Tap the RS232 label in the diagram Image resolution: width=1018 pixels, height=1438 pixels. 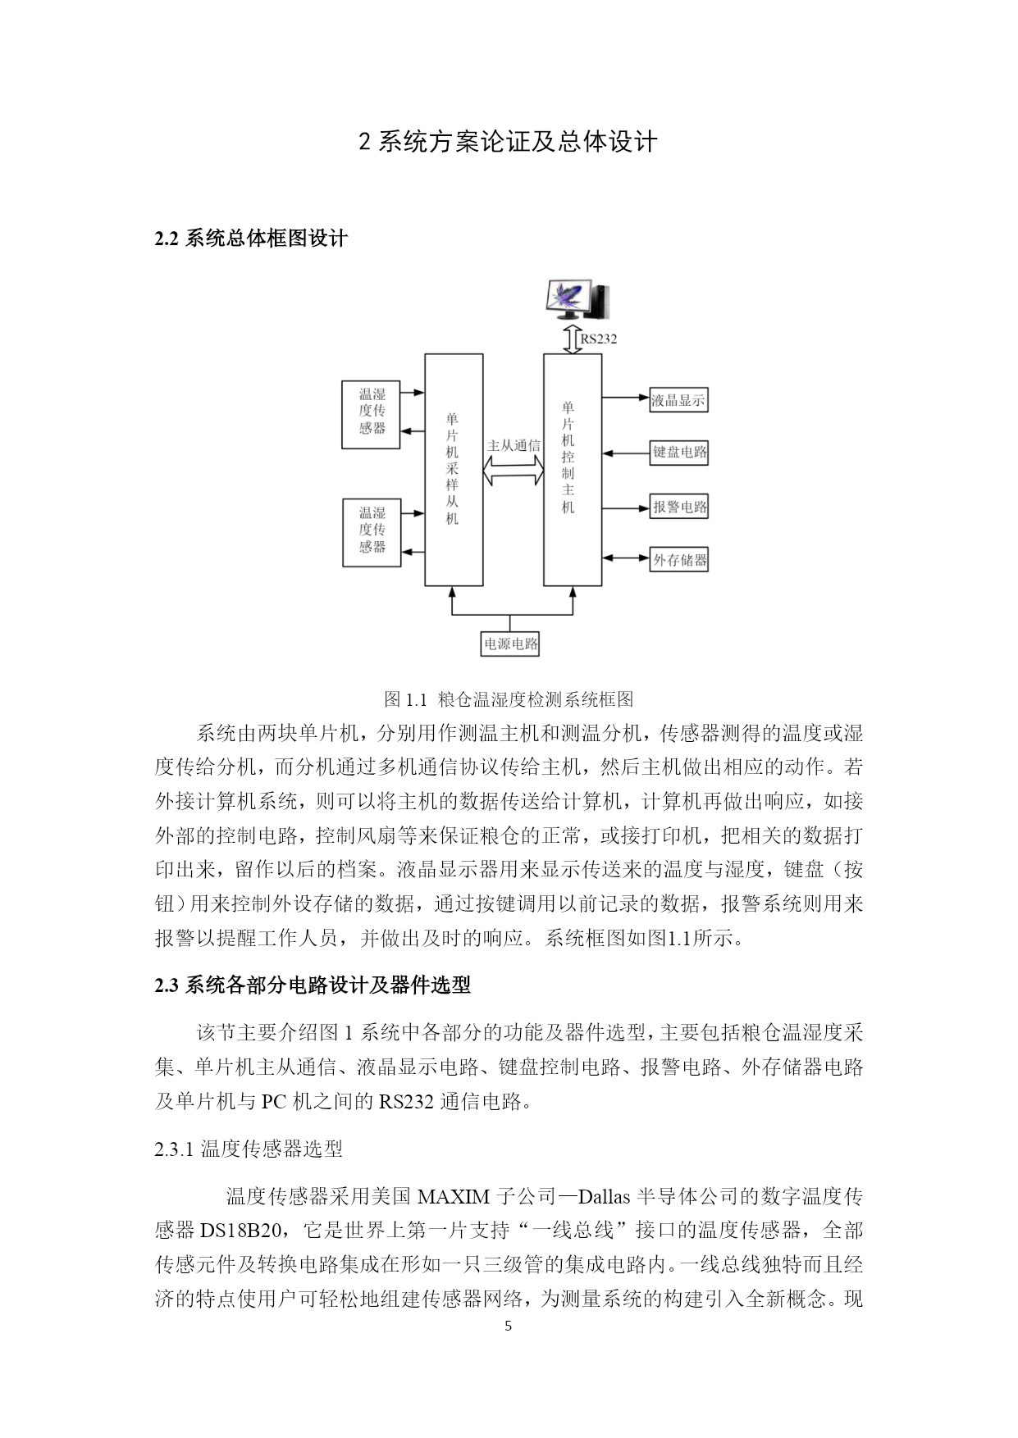599,339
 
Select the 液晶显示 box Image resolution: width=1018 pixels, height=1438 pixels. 678,400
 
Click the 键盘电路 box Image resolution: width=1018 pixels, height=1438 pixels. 679,452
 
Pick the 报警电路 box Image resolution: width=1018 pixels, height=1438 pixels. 679,507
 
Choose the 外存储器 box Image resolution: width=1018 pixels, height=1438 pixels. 679,560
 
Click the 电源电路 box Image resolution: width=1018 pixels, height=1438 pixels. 510,644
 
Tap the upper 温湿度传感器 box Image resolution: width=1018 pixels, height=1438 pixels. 371,415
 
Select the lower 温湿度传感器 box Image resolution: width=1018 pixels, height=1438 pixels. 372,533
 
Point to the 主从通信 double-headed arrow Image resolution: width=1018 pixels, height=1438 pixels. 514,470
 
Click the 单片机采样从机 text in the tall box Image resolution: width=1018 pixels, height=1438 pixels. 452,468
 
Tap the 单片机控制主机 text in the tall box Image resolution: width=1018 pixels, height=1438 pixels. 568,457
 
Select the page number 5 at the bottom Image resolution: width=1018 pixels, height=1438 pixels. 508,1326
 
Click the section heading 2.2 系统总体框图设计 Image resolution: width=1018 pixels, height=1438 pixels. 251,239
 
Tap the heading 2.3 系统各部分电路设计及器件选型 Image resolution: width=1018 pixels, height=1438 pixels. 313,985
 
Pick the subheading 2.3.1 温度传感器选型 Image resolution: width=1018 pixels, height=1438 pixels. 249,1149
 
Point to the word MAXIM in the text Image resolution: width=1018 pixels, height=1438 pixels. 454,1196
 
